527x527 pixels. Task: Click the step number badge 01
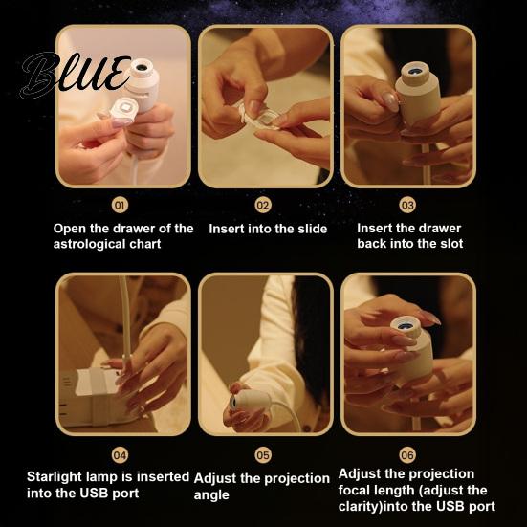click(x=120, y=205)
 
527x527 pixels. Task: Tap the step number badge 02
click(x=263, y=205)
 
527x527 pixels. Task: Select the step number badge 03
click(x=407, y=205)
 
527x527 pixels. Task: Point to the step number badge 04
click(x=120, y=455)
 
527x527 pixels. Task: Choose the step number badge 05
click(x=263, y=455)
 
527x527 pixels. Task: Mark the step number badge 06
click(x=407, y=455)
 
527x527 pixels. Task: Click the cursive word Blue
click(x=75, y=75)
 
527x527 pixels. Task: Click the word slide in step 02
click(x=312, y=229)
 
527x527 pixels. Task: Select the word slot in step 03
click(x=451, y=243)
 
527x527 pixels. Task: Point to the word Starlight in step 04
click(x=55, y=477)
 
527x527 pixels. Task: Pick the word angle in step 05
click(x=211, y=495)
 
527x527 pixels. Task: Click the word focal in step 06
click(x=354, y=490)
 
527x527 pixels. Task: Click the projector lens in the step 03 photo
click(x=416, y=72)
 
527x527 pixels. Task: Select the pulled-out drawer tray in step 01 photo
click(x=123, y=110)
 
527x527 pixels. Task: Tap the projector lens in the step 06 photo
click(x=405, y=325)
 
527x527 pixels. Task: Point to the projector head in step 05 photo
click(x=250, y=400)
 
